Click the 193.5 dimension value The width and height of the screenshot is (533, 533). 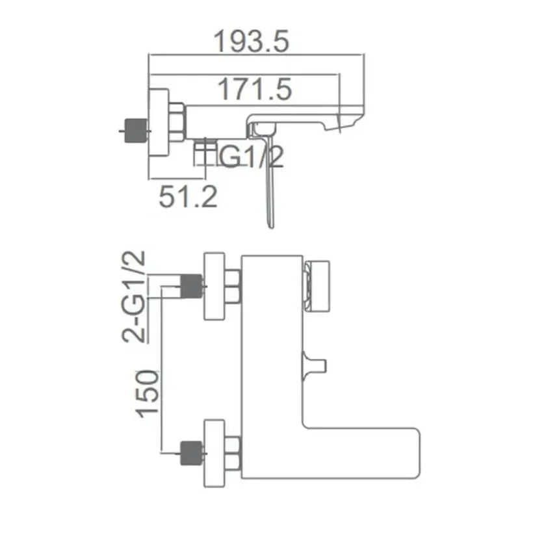pos(252,41)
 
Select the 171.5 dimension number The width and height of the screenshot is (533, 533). pos(255,89)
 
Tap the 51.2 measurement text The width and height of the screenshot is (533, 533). pos(188,197)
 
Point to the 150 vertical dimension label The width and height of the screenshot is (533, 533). pos(147,394)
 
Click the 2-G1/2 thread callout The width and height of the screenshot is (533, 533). pos(133,296)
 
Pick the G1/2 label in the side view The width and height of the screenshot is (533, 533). pos(251,157)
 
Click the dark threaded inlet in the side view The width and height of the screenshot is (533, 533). pos(136,131)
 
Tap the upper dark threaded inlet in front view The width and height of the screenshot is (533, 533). pos(191,286)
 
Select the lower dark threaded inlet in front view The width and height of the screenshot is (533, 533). pos(191,453)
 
